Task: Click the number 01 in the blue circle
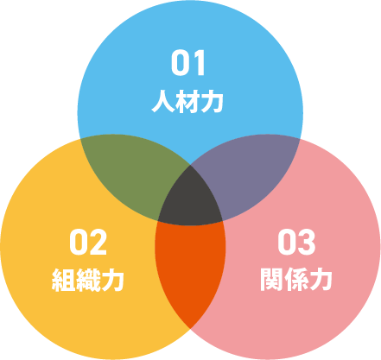click(188, 63)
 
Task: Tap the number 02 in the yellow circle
click(88, 243)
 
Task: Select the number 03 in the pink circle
click(296, 243)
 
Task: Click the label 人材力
click(187, 102)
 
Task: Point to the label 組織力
click(88, 280)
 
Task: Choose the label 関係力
click(296, 280)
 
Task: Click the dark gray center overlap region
click(190, 199)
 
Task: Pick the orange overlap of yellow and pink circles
click(190, 268)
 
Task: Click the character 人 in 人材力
click(163, 102)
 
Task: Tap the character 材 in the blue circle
click(187, 102)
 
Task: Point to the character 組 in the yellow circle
click(63, 280)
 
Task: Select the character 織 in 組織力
click(88, 280)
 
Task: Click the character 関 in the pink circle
click(271, 280)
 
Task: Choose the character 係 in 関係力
click(296, 280)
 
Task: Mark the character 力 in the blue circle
click(212, 102)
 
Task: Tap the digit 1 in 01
click(199, 63)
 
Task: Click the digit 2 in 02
click(98, 243)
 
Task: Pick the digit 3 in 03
click(307, 243)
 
